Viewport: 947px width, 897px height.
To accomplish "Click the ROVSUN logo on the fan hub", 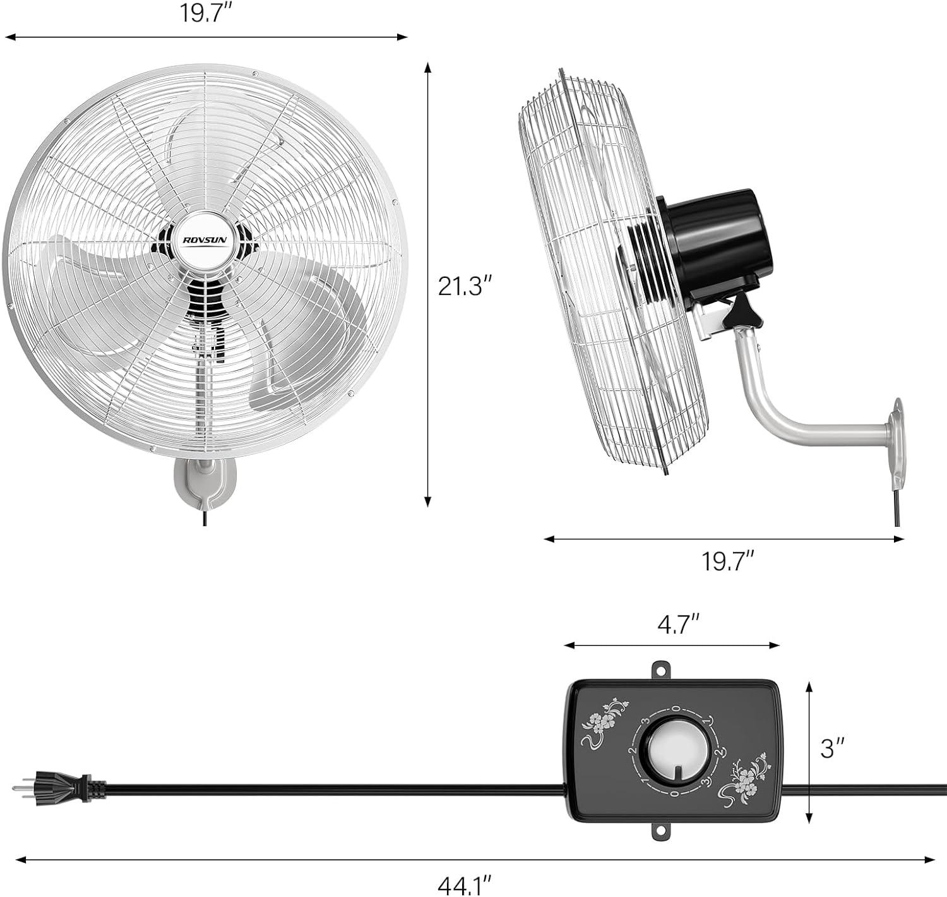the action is point(208,239).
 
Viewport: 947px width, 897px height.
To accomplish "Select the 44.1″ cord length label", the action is point(465,885).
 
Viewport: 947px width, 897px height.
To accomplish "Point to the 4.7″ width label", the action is point(678,625).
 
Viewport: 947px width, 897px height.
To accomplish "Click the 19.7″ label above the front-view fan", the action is point(206,13).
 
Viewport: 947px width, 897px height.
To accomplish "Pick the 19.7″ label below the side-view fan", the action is point(727,562).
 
